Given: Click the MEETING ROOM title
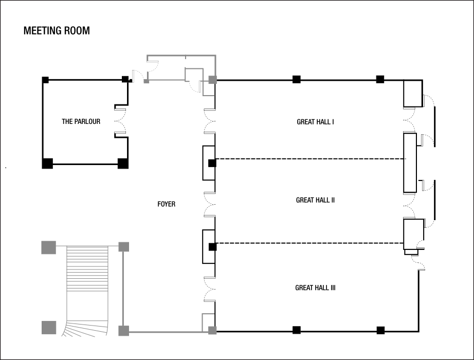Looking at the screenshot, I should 57,31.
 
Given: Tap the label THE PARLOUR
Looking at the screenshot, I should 81,122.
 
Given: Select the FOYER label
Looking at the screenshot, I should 166,204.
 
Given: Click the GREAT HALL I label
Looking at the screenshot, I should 316,122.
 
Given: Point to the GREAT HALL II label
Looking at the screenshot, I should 315,200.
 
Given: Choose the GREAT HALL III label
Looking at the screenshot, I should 315,288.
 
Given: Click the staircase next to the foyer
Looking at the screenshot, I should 87,288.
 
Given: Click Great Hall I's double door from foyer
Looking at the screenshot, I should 211,121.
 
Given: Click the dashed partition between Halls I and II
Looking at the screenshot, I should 308,159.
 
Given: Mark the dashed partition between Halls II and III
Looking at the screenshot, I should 308,243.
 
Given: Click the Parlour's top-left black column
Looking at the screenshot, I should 45,80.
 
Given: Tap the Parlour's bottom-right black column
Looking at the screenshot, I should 123,164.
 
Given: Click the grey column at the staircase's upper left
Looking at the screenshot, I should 48,247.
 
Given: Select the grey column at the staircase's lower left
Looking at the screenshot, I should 48,327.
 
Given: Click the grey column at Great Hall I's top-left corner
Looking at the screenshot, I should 212,80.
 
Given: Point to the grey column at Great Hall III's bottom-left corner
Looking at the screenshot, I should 212,330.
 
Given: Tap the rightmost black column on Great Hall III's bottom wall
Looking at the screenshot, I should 380,330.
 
